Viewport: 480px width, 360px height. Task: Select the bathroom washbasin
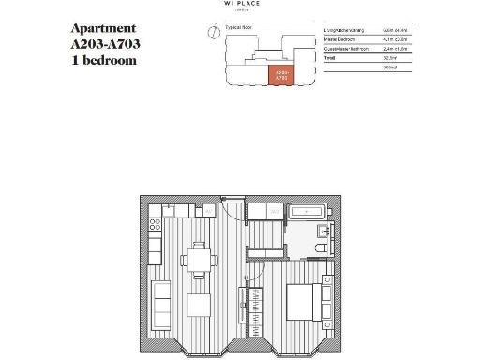pyautogui.click(x=322, y=231)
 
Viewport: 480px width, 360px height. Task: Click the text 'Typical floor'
pyautogui.click(x=232, y=29)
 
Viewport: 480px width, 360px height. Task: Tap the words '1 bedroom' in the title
pyautogui.click(x=103, y=60)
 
